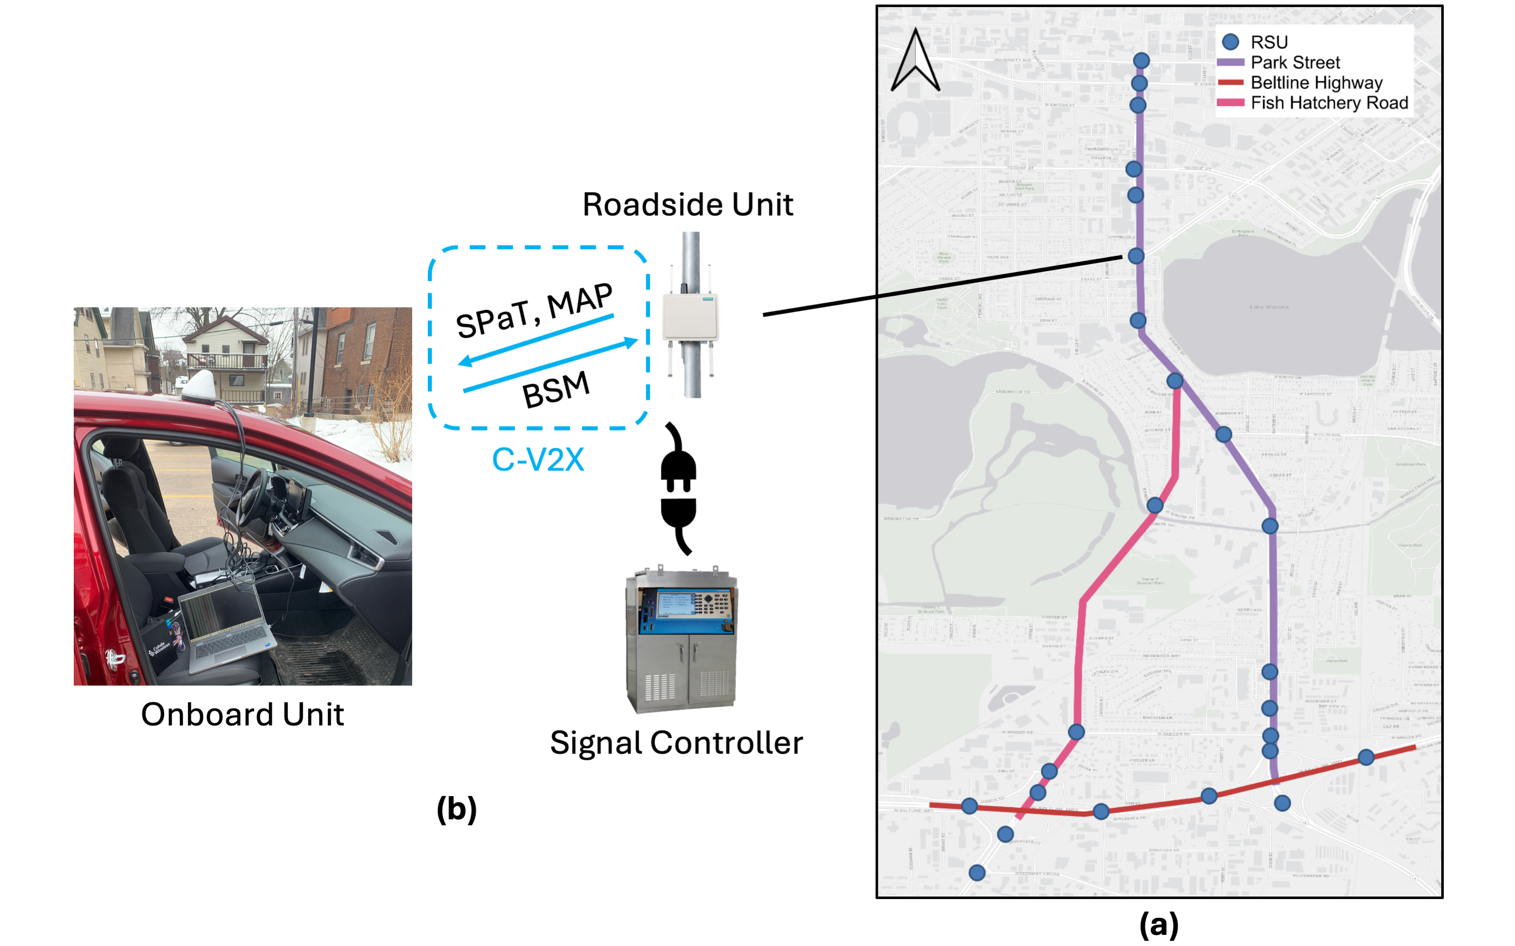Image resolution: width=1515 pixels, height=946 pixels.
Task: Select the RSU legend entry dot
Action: pyautogui.click(x=1230, y=42)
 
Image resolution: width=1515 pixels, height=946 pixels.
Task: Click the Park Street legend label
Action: pyautogui.click(x=1295, y=63)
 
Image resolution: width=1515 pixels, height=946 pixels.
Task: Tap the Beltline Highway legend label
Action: pyautogui.click(x=1316, y=83)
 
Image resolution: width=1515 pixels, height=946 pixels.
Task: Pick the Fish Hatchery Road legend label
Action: pyautogui.click(x=1329, y=102)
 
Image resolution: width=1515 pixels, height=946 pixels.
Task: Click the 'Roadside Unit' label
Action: pyautogui.click(x=688, y=204)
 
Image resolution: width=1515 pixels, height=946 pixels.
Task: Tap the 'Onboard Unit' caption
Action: pyautogui.click(x=242, y=714)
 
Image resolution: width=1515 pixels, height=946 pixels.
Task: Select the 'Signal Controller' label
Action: pyautogui.click(x=676, y=743)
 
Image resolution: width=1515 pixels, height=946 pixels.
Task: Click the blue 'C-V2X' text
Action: pyautogui.click(x=538, y=460)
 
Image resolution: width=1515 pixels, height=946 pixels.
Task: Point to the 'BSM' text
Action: pyautogui.click(x=556, y=389)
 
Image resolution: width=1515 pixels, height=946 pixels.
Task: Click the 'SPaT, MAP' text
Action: pyautogui.click(x=533, y=310)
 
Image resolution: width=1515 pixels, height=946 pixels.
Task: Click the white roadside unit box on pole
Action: pyautogui.click(x=690, y=317)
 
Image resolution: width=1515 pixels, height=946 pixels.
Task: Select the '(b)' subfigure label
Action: pyautogui.click(x=456, y=809)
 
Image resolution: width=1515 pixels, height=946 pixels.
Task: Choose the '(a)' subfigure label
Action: pyautogui.click(x=1158, y=924)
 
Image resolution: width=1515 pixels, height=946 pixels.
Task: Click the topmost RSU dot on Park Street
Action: pyautogui.click(x=1141, y=61)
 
